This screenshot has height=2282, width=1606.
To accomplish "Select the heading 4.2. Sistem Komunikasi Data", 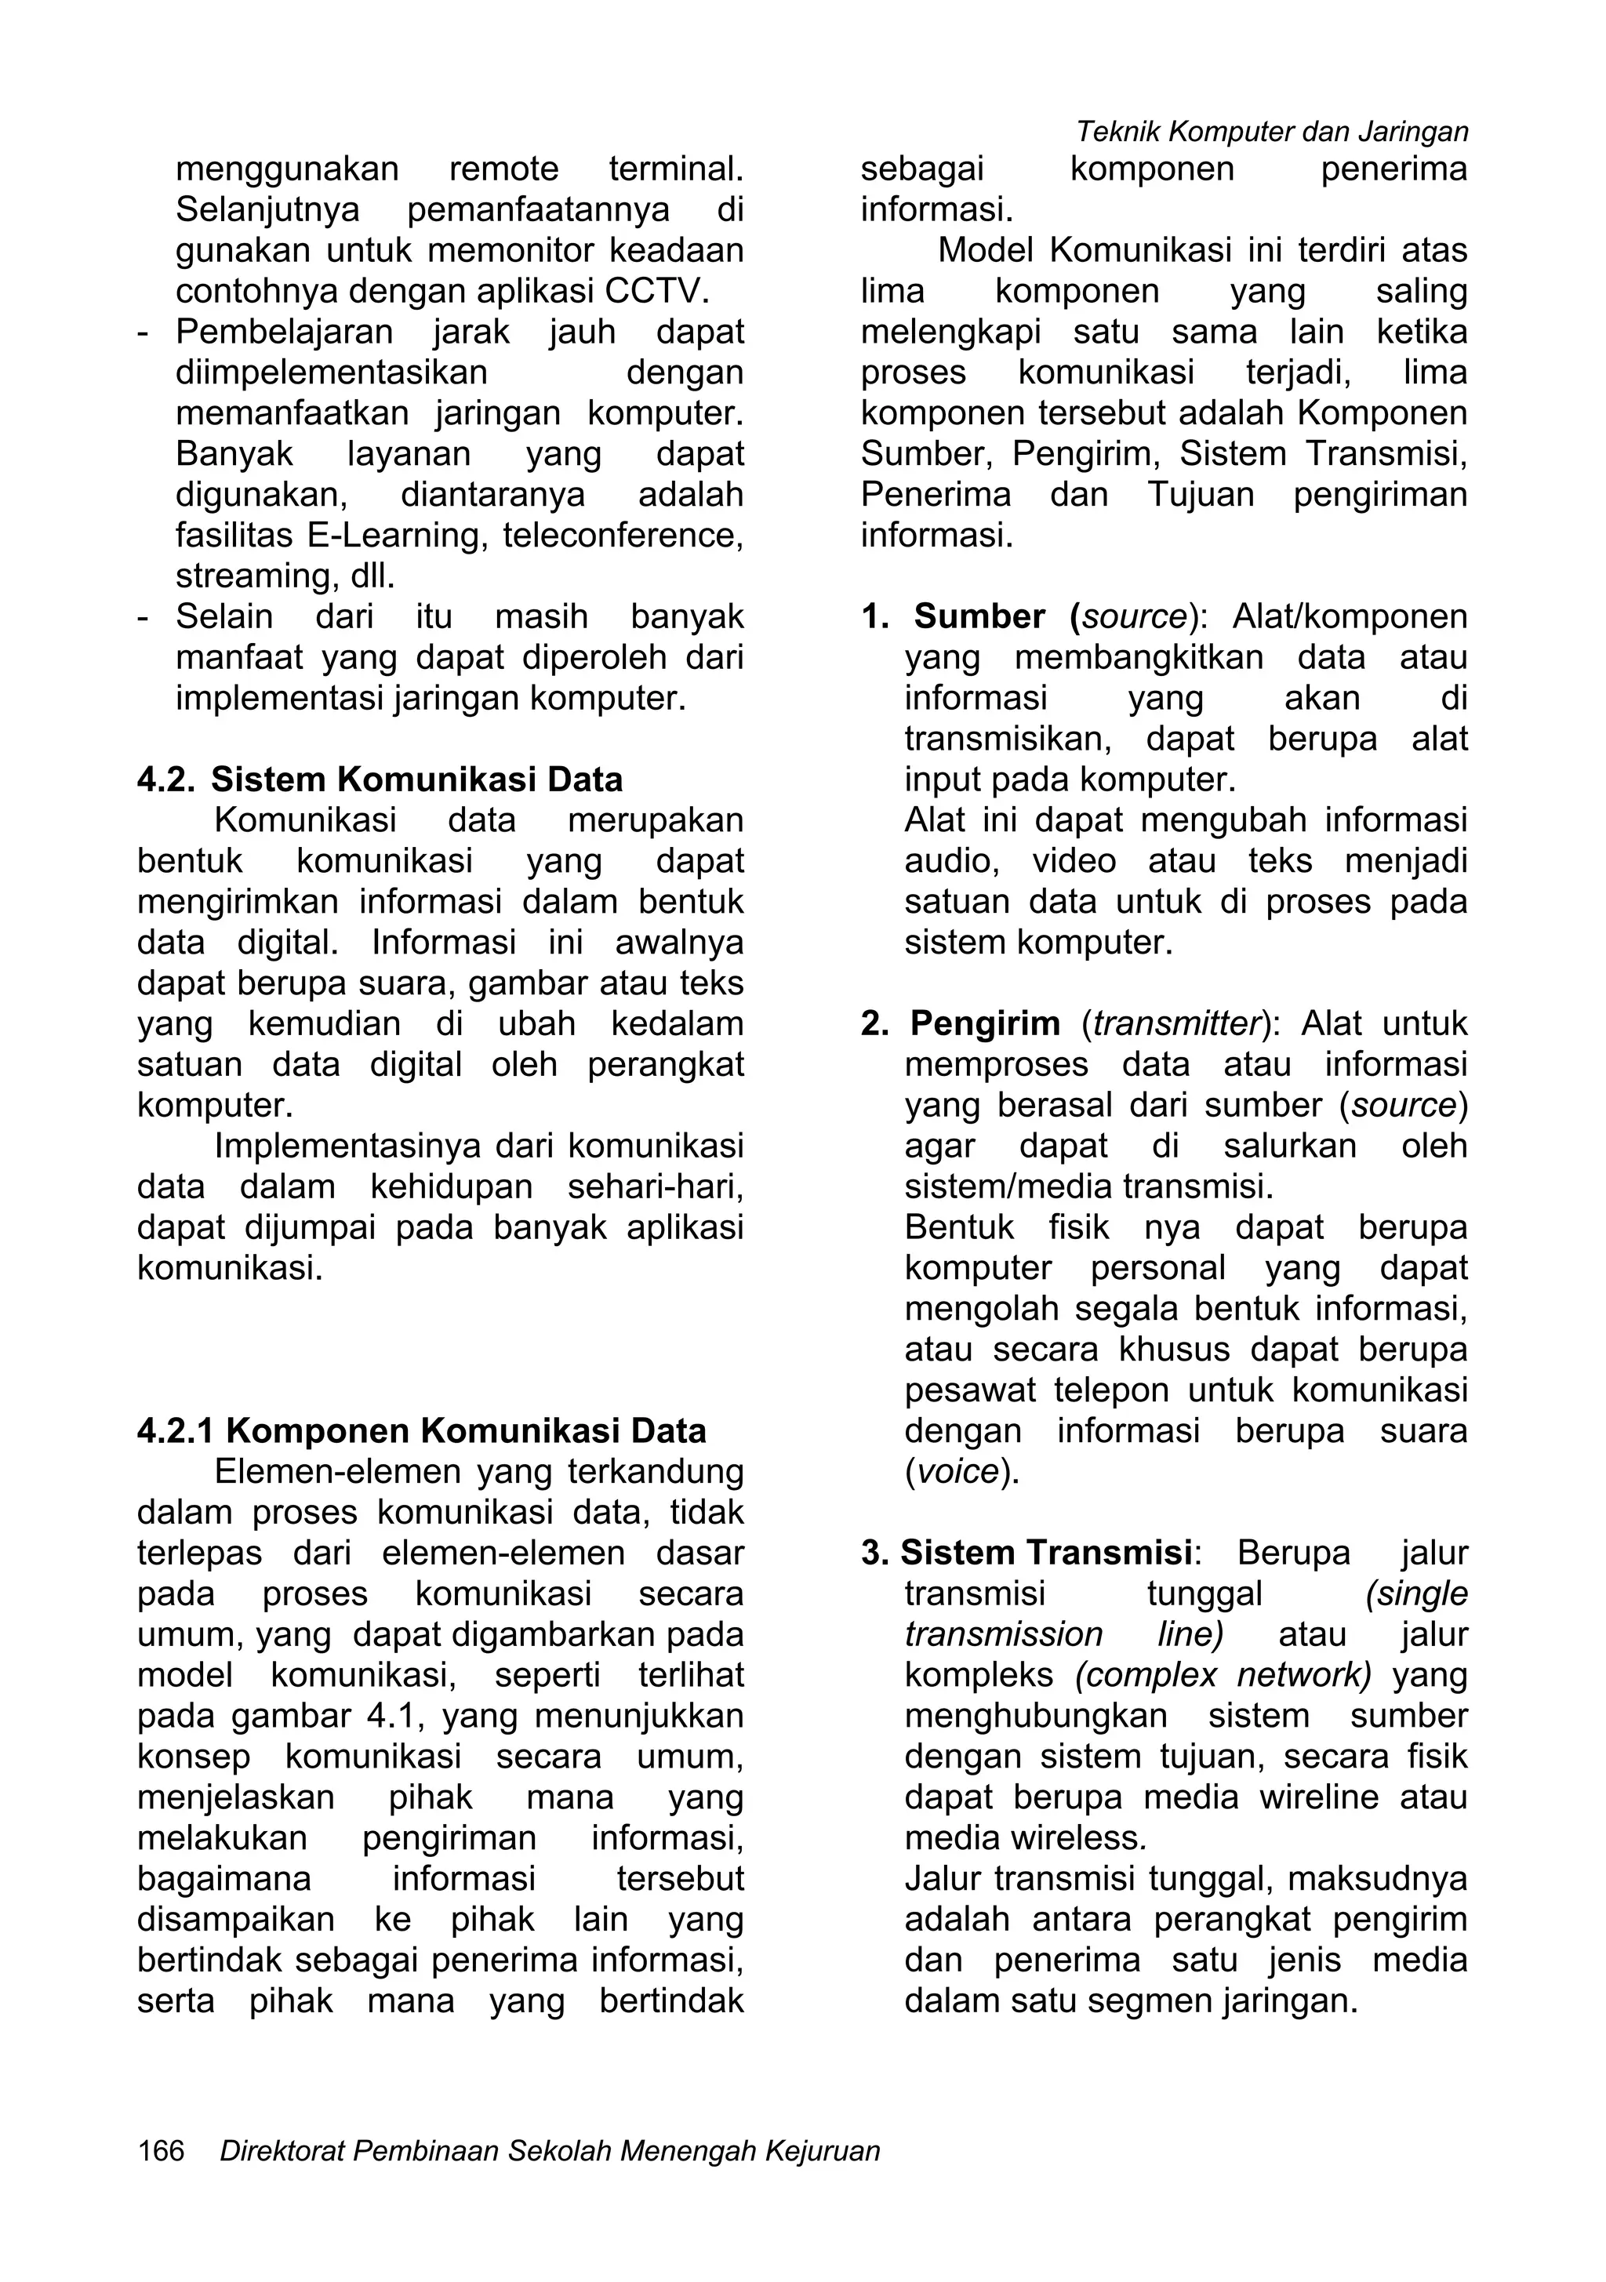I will click(x=380, y=779).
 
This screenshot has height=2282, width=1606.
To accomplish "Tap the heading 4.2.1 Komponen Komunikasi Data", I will click(x=421, y=1430).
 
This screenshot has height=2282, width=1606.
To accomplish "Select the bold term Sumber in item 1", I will click(x=979, y=616).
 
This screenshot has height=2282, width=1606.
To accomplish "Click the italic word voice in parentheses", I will click(x=957, y=1471).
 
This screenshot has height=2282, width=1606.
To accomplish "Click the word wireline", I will click(x=1319, y=1797).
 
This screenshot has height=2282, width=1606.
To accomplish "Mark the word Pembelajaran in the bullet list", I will click(x=284, y=332).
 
